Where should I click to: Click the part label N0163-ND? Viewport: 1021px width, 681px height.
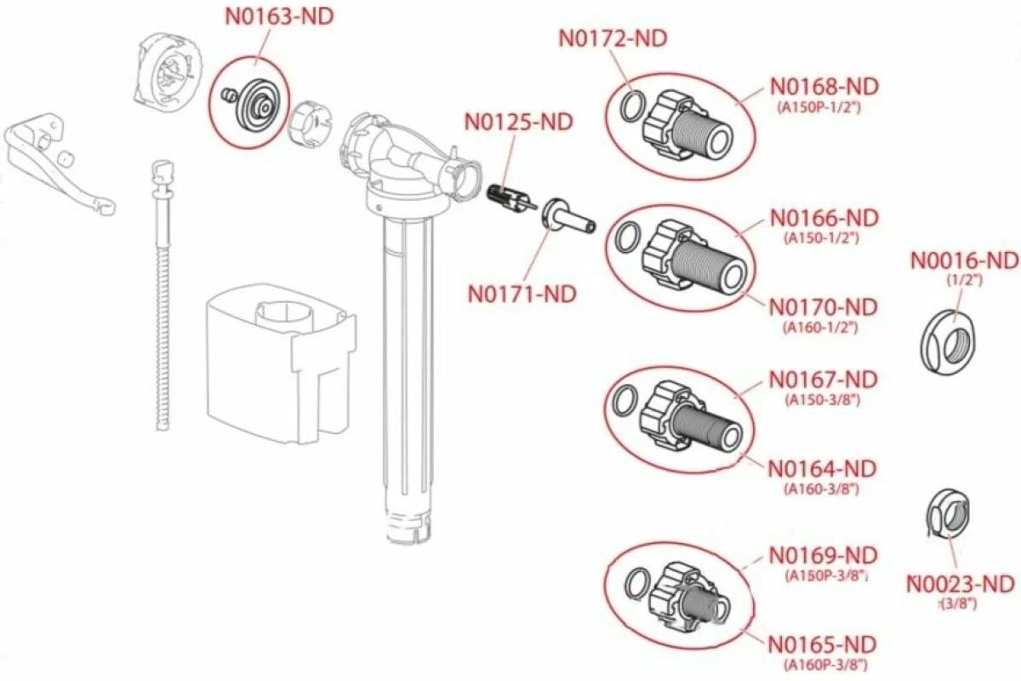[279, 17]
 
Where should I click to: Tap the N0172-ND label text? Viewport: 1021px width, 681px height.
[613, 39]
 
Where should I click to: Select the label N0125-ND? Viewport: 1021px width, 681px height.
[519, 123]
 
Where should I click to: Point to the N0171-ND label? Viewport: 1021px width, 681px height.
[522, 295]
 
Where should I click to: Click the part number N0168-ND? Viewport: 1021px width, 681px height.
[824, 87]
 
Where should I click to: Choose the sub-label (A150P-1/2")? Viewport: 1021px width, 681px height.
[819, 108]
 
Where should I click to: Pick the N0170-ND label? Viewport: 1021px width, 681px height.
[824, 307]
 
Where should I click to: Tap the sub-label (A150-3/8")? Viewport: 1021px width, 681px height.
[822, 400]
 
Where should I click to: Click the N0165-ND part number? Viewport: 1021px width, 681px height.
[822, 645]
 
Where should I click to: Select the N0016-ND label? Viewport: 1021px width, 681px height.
[965, 261]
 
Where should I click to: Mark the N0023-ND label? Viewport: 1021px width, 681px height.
[961, 584]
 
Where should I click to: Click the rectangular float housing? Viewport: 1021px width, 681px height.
[281, 364]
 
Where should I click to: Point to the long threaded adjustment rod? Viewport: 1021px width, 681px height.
[163, 295]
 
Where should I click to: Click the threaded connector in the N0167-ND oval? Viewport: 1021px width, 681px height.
[691, 420]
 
